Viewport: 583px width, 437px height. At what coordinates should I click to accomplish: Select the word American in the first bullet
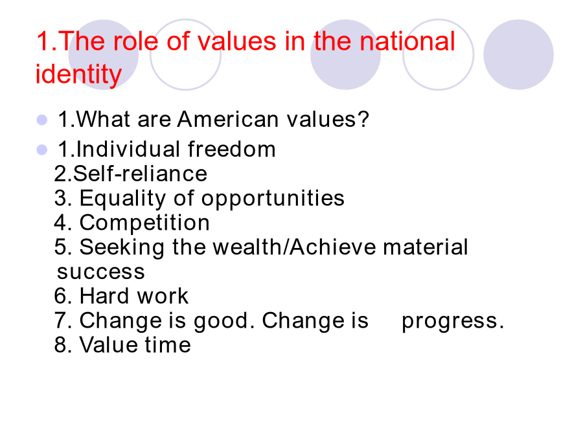tap(227, 119)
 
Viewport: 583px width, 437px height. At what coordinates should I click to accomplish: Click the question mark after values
tap(363, 119)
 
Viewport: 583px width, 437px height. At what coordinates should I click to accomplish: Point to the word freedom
tap(231, 150)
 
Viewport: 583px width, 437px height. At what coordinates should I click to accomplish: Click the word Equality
tap(122, 199)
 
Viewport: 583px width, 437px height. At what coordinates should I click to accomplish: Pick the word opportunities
tap(273, 199)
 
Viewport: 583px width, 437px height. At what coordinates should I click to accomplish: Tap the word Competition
tap(144, 223)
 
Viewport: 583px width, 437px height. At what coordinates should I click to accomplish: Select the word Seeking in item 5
tap(122, 248)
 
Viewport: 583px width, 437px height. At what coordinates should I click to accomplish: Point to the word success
tap(101, 272)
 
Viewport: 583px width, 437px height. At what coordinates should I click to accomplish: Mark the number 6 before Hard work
tap(60, 296)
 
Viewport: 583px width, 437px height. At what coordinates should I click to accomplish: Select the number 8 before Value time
tap(60, 344)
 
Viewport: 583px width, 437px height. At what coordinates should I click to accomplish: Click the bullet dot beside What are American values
tap(42, 120)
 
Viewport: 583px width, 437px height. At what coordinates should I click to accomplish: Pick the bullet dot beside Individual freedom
tap(42, 150)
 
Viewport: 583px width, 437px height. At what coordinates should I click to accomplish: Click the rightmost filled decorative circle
tap(518, 54)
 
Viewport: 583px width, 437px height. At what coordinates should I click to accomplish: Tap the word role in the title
tap(136, 41)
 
